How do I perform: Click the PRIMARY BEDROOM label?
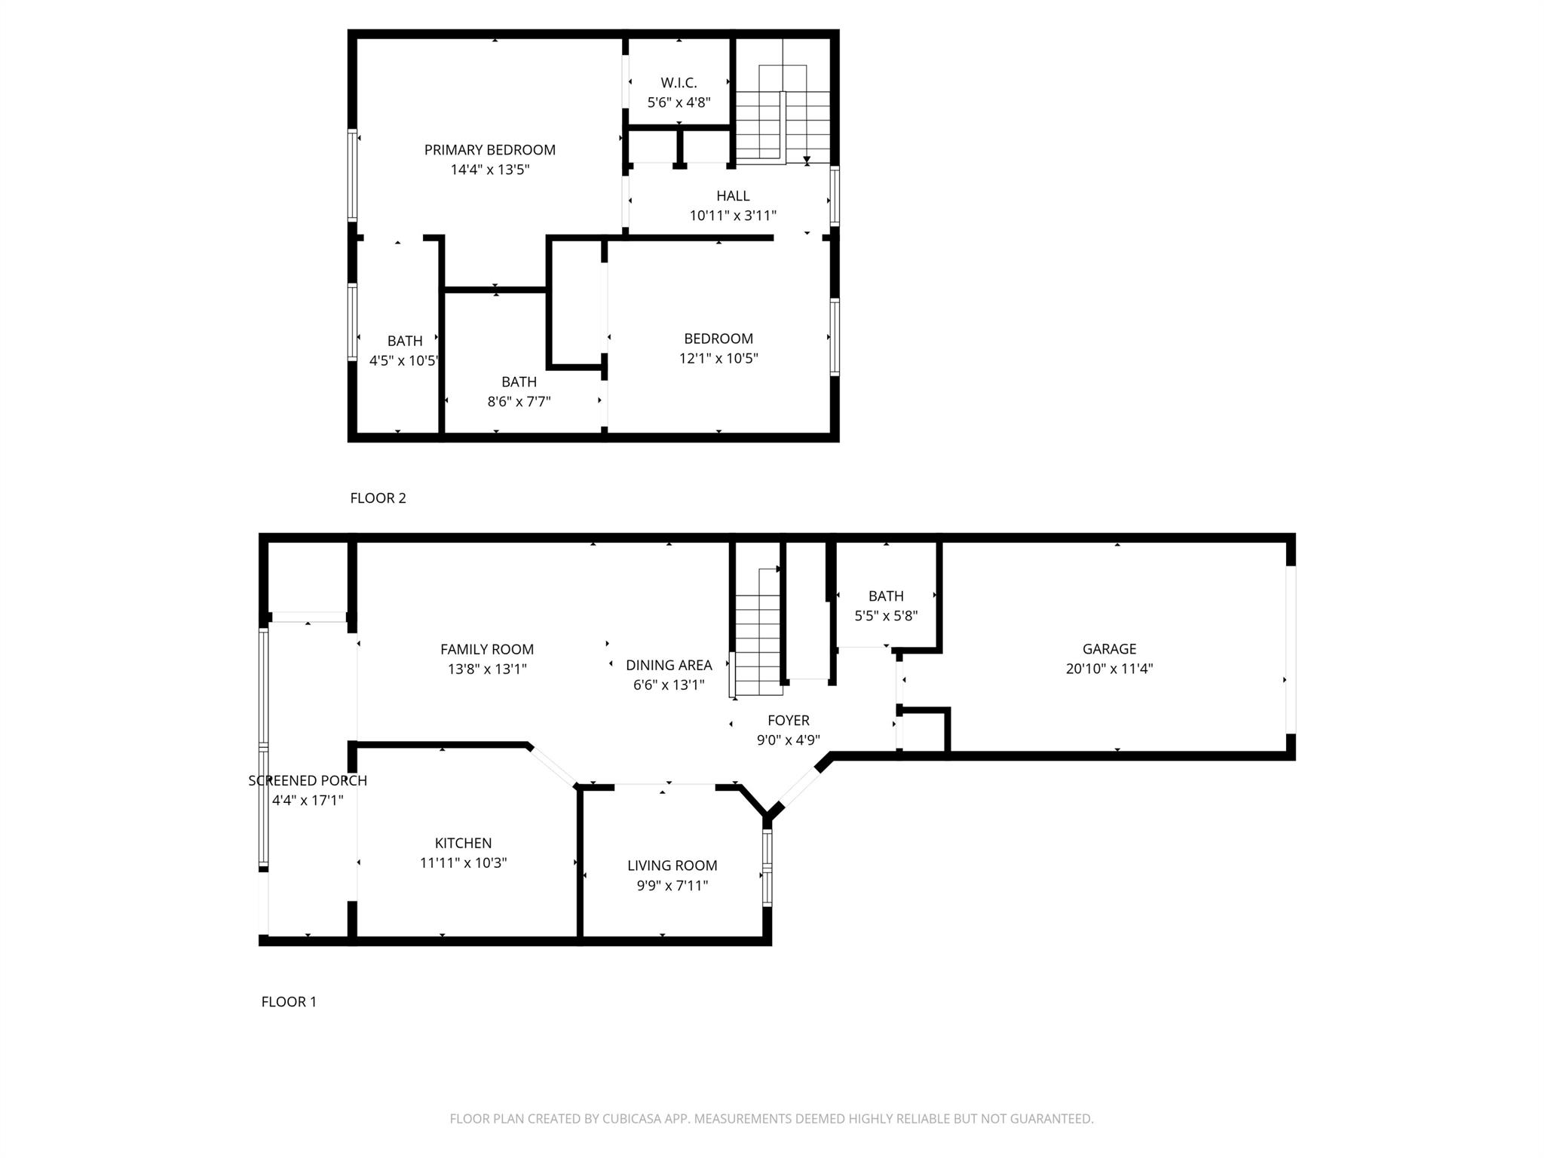(x=489, y=150)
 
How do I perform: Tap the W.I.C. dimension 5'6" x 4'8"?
(x=679, y=103)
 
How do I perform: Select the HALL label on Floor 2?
(x=733, y=196)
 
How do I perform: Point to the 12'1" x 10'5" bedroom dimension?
(x=718, y=358)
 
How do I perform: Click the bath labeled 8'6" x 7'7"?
(x=519, y=391)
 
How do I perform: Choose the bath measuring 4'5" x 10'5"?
(x=404, y=351)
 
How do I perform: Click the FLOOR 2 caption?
(x=378, y=498)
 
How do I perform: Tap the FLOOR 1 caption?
(x=289, y=1002)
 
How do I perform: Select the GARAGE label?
(x=1109, y=649)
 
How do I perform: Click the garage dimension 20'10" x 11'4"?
(x=1109, y=669)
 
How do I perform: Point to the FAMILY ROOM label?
(x=487, y=649)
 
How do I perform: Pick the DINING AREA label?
(x=669, y=665)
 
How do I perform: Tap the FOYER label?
(x=789, y=721)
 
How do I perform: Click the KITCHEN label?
(x=463, y=844)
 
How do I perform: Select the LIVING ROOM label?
(x=672, y=866)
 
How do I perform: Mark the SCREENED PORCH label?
(x=308, y=781)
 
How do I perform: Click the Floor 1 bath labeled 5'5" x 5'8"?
(x=886, y=605)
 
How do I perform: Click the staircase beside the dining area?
(x=758, y=641)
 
